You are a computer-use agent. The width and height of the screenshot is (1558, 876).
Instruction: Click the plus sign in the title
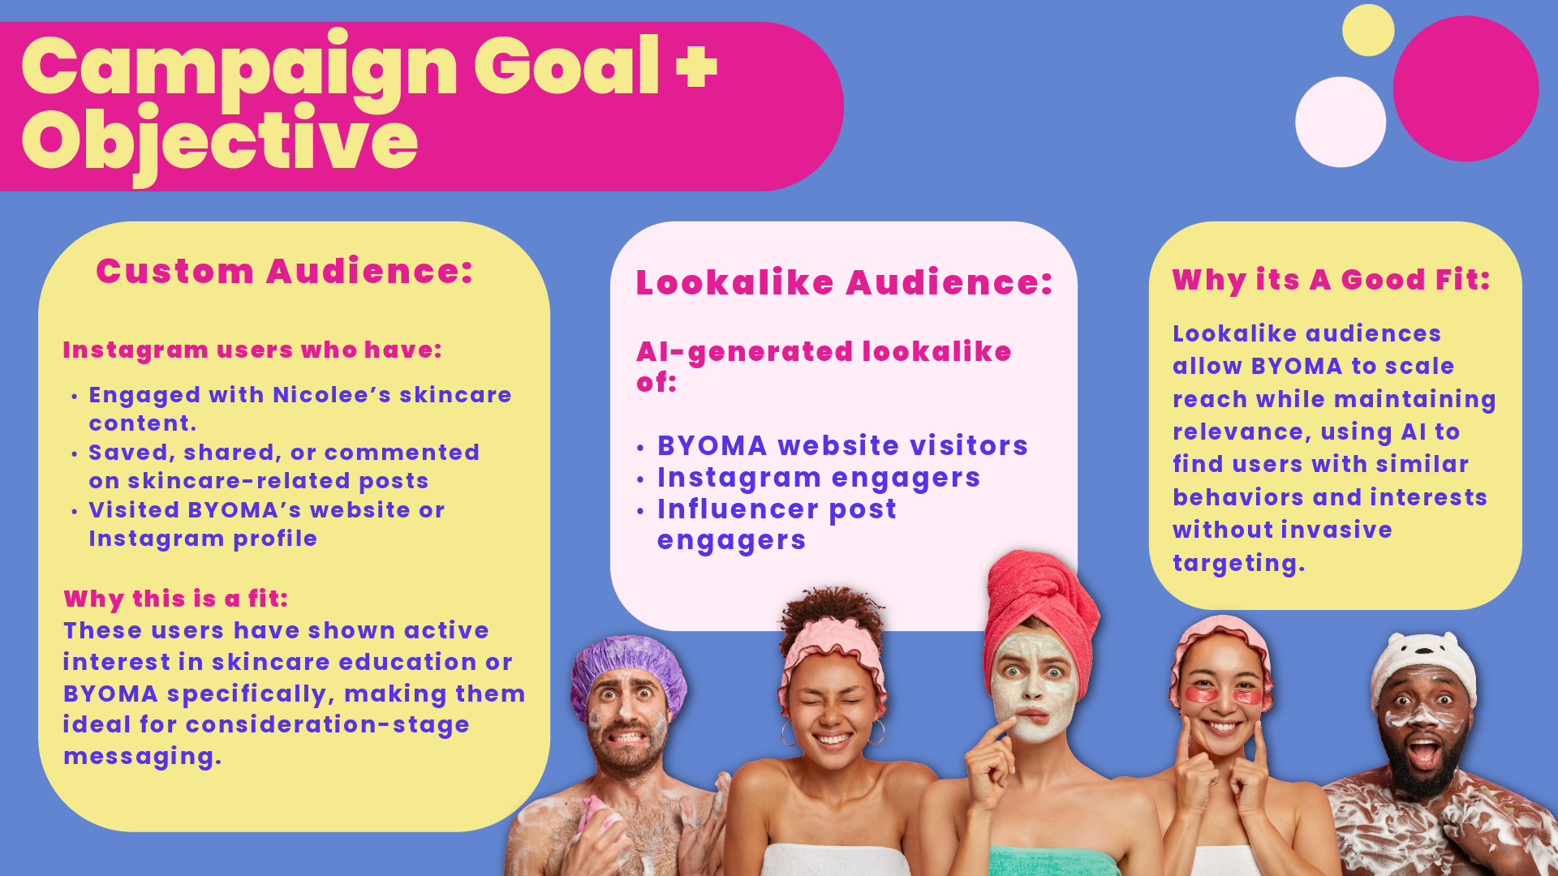(x=696, y=67)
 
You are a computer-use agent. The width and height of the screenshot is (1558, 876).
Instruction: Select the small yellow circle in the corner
(x=1368, y=30)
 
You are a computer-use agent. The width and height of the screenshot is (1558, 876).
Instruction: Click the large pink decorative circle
(x=1465, y=88)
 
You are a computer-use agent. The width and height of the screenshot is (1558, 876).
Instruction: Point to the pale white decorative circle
(x=1341, y=122)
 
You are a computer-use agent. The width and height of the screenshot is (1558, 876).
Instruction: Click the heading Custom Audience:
(x=285, y=271)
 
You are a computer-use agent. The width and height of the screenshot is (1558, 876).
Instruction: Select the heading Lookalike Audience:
(x=844, y=282)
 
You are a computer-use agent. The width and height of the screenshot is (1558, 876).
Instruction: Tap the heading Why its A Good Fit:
(x=1332, y=280)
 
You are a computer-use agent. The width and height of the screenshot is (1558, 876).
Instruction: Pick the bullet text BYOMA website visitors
(x=842, y=445)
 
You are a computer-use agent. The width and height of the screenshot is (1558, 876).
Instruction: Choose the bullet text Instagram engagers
(x=819, y=478)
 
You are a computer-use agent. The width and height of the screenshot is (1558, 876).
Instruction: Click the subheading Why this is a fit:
(x=176, y=599)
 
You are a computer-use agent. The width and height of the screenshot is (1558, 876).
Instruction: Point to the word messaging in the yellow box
(x=142, y=756)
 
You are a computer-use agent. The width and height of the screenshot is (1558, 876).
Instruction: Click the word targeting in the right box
(x=1238, y=563)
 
